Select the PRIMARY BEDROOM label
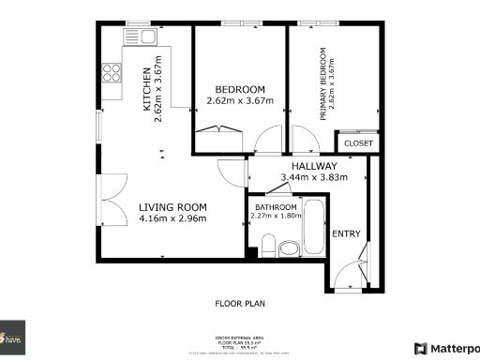point(322,84)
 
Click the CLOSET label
point(358,143)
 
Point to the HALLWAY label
point(314,166)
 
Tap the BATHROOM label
point(276,207)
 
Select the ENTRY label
point(346,233)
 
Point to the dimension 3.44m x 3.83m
point(314,177)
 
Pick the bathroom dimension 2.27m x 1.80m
point(276,217)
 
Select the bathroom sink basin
point(289,248)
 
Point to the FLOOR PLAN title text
point(240,304)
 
